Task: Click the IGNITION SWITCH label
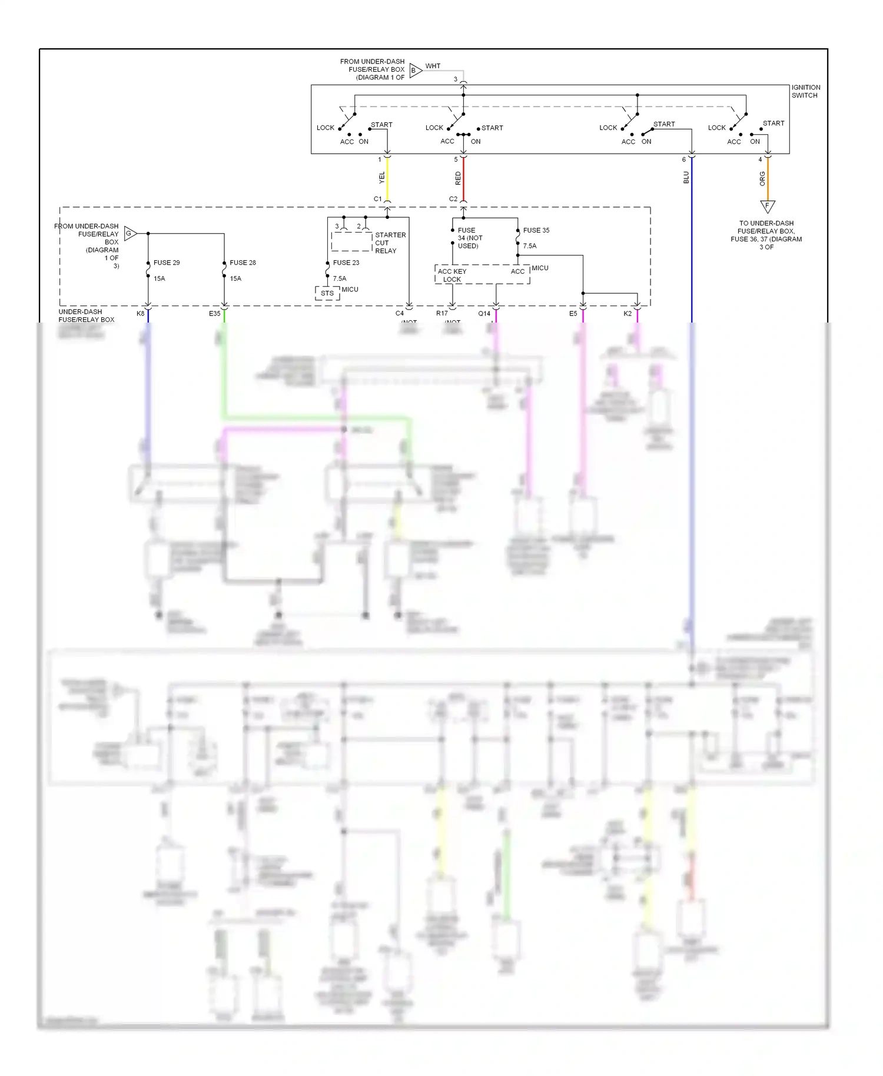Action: (805, 91)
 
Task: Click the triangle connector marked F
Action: (767, 206)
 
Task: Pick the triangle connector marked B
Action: (415, 71)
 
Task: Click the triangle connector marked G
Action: (130, 234)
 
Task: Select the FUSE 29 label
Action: (167, 263)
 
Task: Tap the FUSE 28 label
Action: (243, 263)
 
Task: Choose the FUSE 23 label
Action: (346, 263)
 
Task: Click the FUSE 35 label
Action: (536, 230)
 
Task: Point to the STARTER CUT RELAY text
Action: (390, 243)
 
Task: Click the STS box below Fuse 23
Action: (327, 293)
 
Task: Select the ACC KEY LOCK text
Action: (452, 275)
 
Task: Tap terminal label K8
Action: (140, 314)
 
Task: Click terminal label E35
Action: (214, 314)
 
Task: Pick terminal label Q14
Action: (484, 314)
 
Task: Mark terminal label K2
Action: (628, 314)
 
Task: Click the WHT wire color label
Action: (433, 66)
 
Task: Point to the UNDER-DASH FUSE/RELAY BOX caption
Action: (87, 316)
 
